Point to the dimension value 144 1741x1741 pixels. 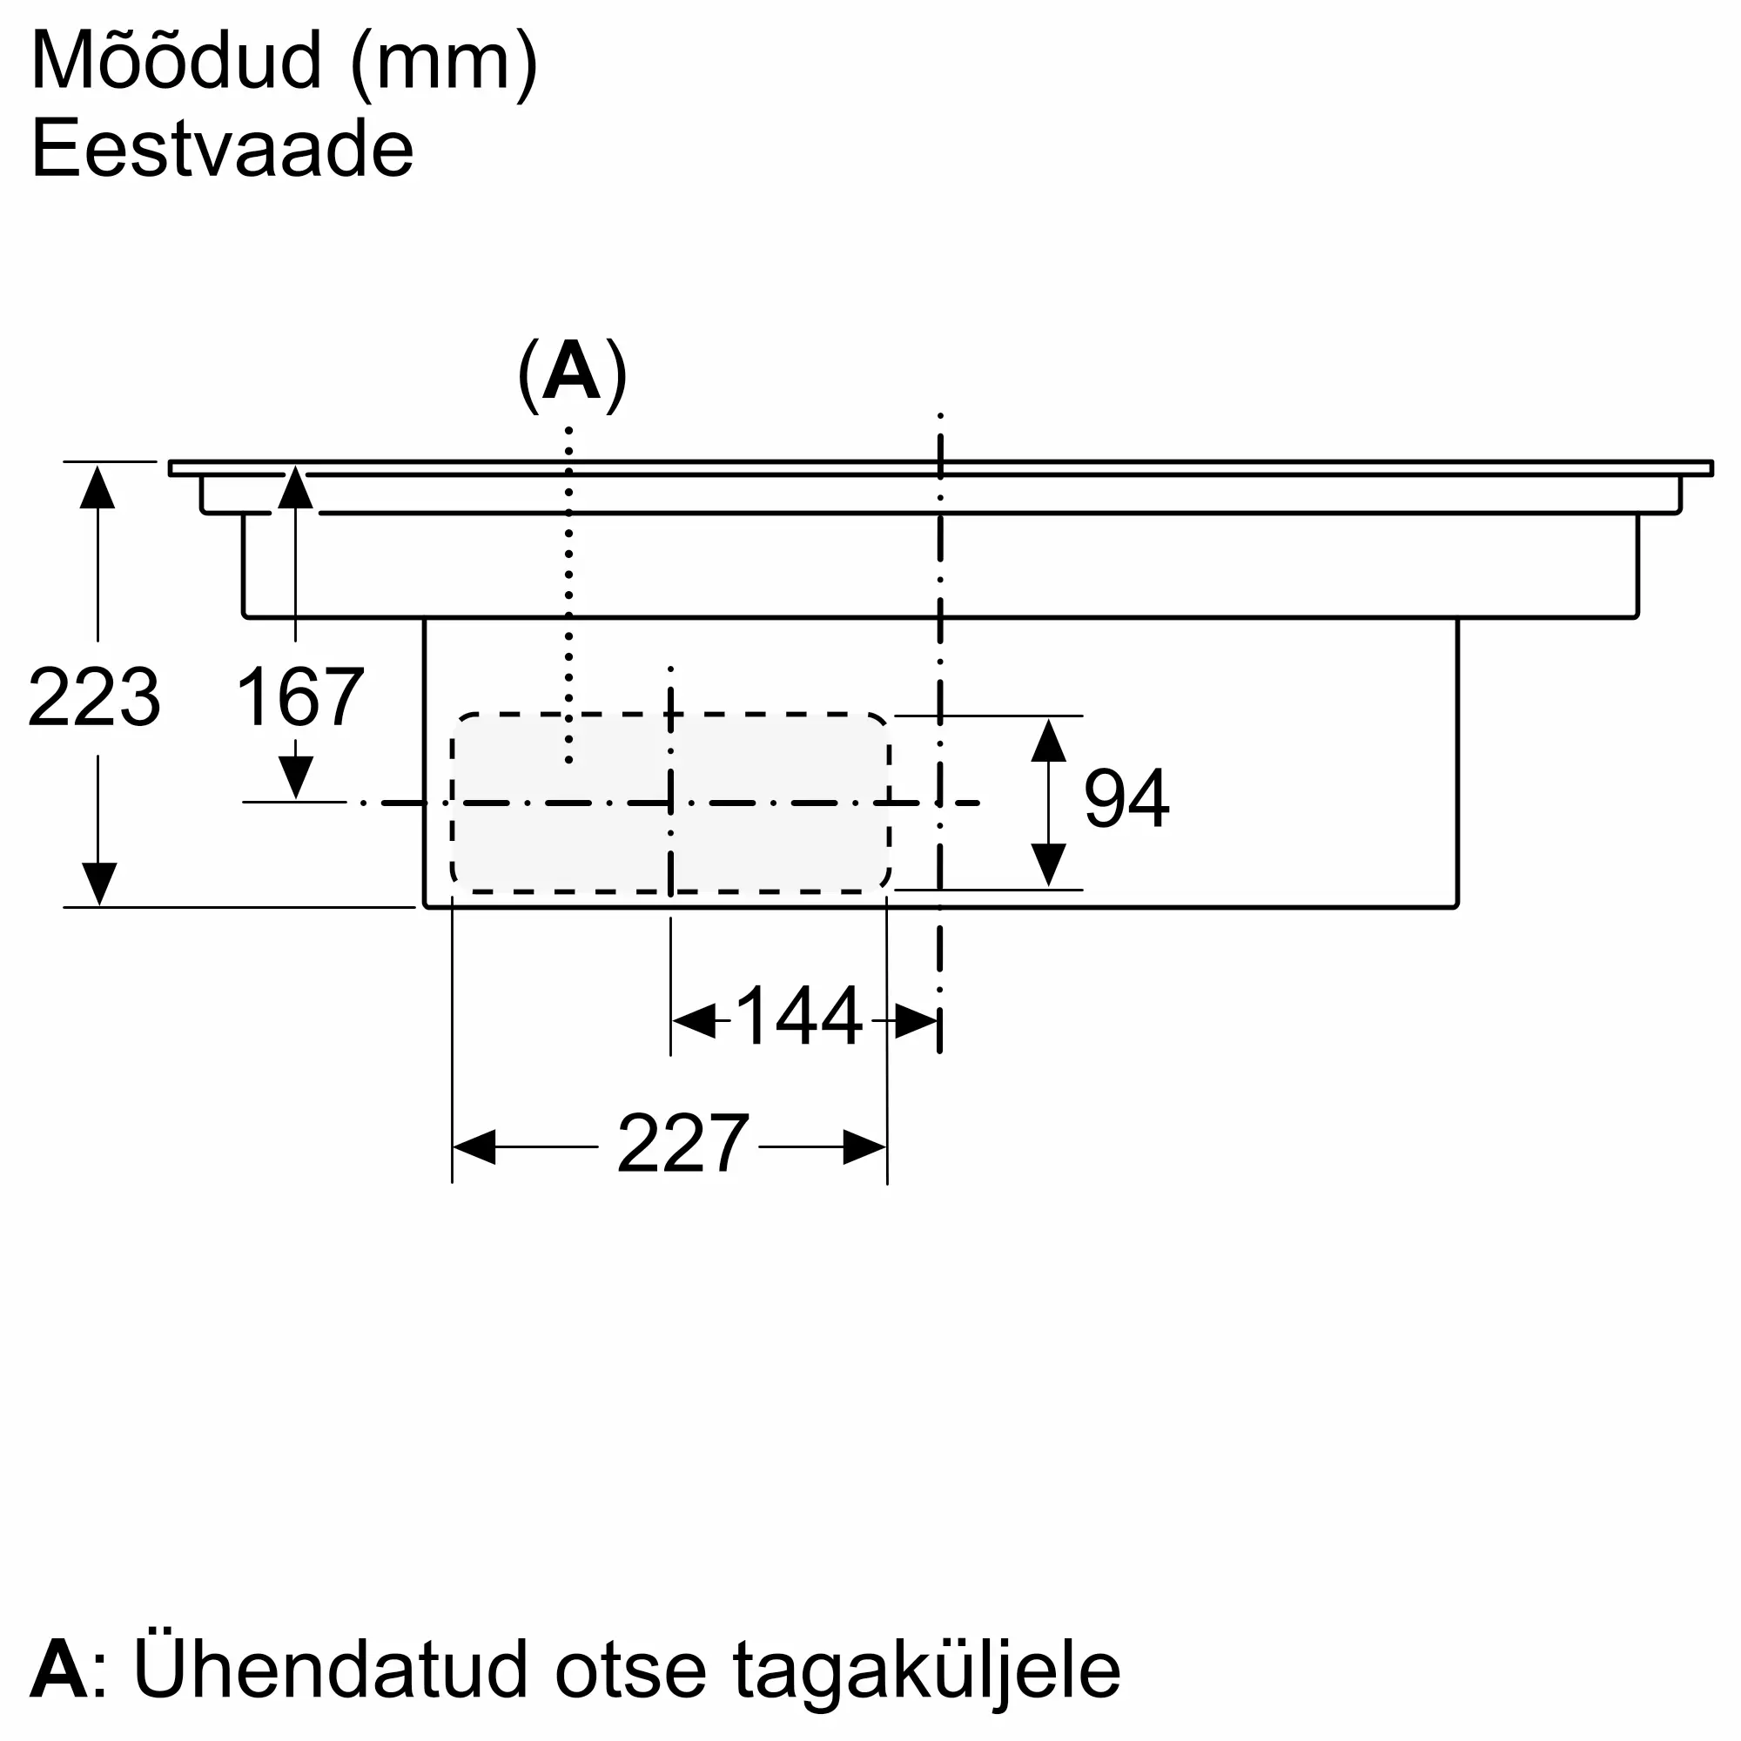(x=799, y=1017)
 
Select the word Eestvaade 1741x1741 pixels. (x=223, y=149)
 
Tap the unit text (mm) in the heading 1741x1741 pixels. (x=444, y=65)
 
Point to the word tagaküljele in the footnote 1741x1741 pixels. (x=927, y=1676)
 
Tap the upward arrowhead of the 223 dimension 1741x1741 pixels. (x=97, y=486)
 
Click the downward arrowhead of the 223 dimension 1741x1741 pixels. (x=98, y=883)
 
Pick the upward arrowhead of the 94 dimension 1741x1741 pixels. (x=1048, y=740)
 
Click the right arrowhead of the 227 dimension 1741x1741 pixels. (x=864, y=1146)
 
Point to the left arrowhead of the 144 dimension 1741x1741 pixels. (x=694, y=1020)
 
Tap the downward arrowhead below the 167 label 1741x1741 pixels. (x=296, y=776)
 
